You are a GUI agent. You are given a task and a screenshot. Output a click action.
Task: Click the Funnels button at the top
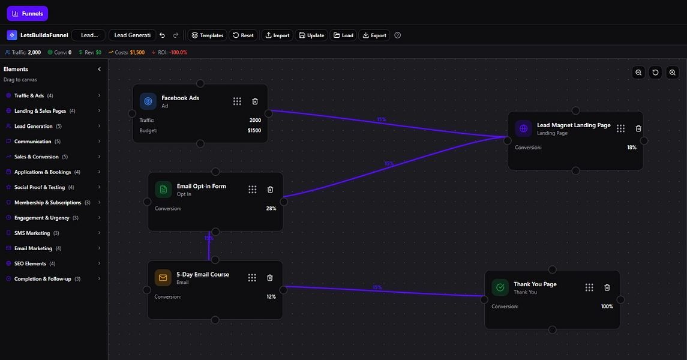(x=27, y=13)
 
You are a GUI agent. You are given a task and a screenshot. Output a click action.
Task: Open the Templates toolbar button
(x=207, y=35)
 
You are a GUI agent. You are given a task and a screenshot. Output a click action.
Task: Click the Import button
(x=277, y=35)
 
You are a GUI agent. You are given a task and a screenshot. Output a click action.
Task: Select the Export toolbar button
(x=374, y=35)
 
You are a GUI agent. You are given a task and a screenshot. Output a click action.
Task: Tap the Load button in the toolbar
(x=343, y=35)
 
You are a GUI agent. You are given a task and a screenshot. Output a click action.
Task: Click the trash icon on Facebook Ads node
(x=255, y=101)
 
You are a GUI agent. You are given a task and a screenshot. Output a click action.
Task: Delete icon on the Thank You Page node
(x=607, y=287)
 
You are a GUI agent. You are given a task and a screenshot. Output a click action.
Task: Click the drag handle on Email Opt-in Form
(x=253, y=190)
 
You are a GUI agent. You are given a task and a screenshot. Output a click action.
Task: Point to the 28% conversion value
(x=271, y=209)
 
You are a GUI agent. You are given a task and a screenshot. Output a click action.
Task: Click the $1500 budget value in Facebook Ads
(x=254, y=130)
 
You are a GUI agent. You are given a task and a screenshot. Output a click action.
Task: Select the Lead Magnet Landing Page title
(x=574, y=125)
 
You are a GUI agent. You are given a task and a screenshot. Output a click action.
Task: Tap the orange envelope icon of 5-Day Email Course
(x=163, y=278)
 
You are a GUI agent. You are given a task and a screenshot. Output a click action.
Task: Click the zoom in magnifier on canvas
(x=672, y=73)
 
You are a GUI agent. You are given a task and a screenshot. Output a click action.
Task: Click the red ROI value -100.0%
(x=178, y=52)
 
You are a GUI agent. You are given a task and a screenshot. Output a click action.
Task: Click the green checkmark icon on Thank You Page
(x=500, y=287)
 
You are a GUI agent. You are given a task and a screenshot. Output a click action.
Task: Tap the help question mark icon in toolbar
(x=397, y=35)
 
